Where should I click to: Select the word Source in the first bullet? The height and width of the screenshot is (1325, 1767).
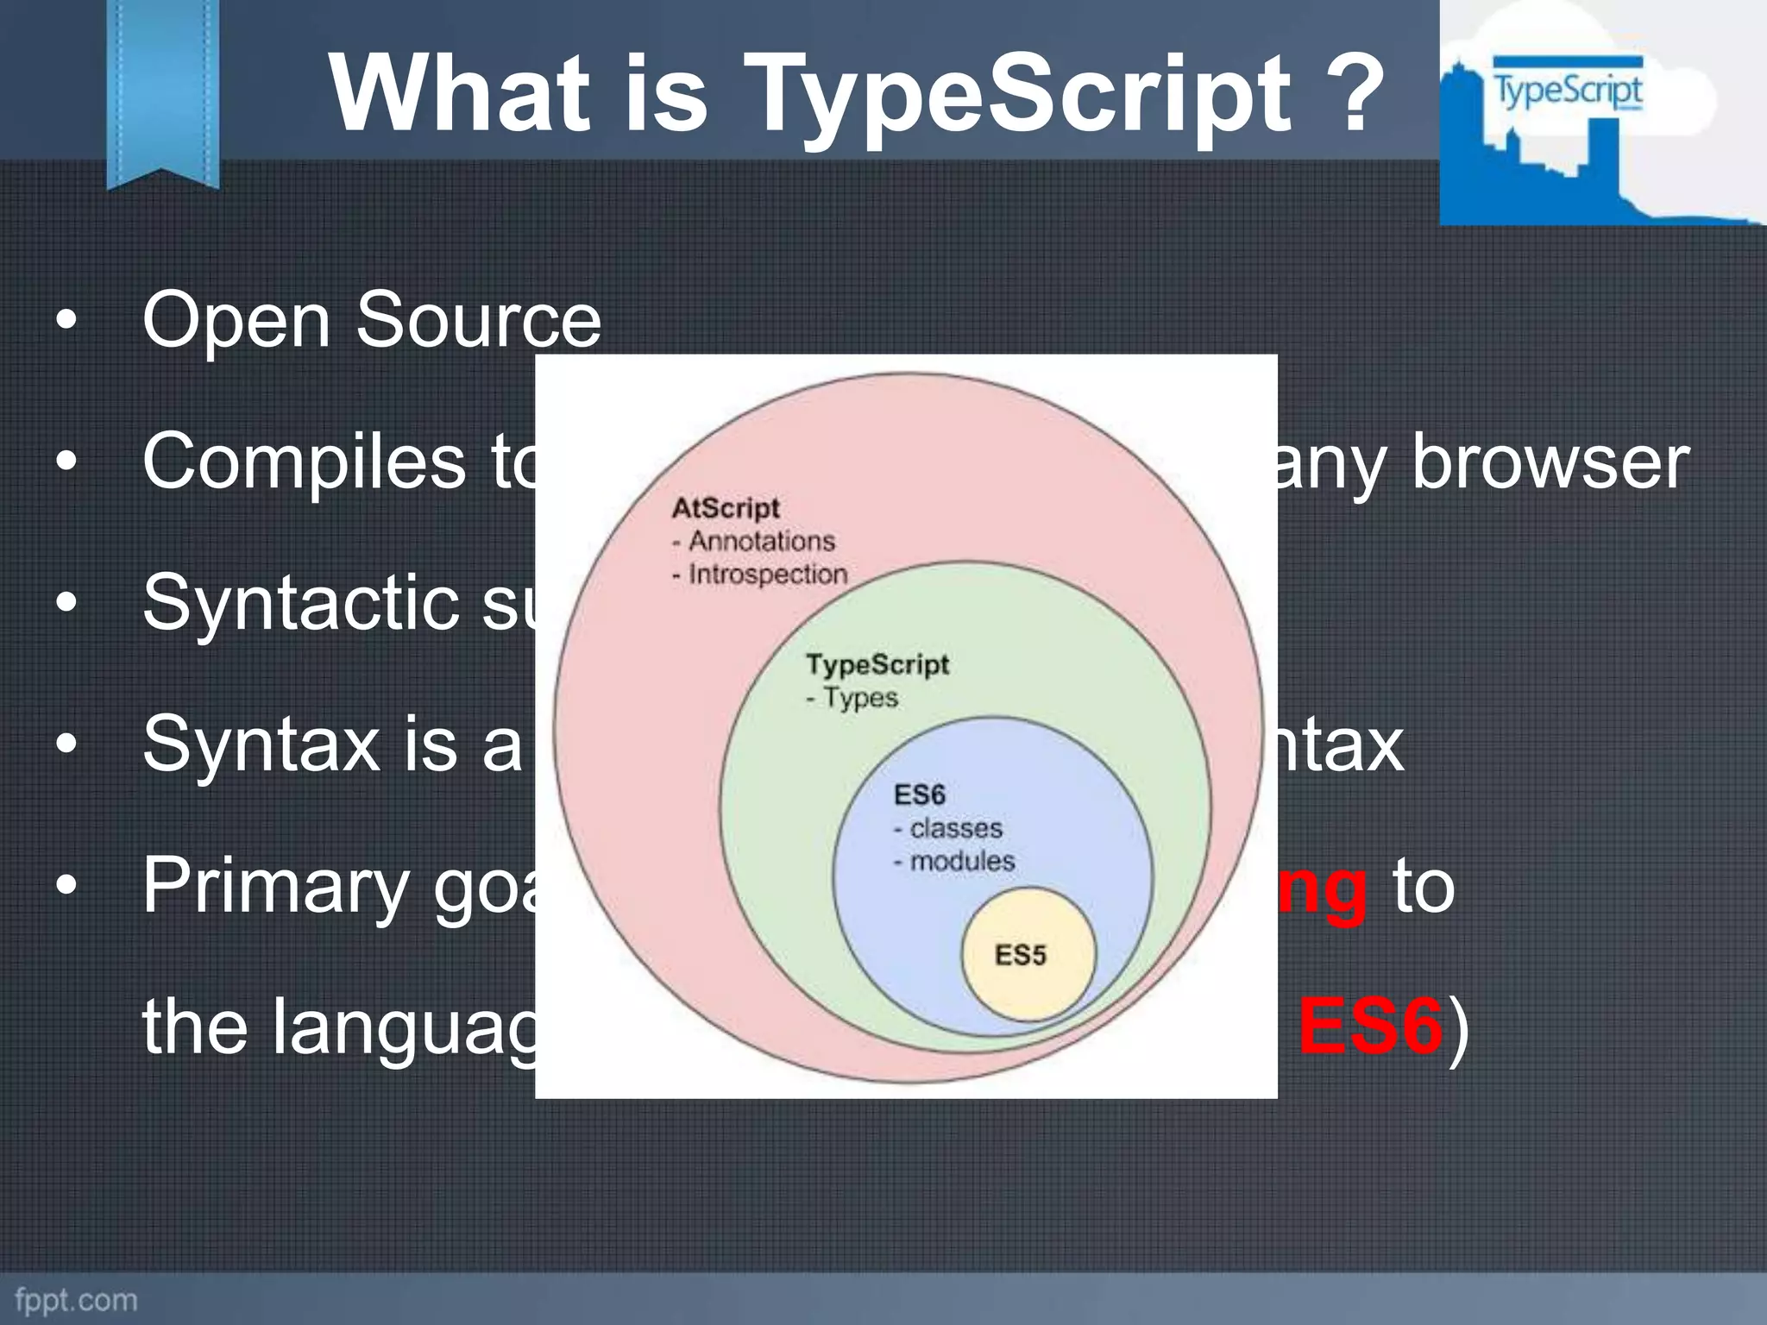[478, 321]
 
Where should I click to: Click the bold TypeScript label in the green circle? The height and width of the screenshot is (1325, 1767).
[877, 664]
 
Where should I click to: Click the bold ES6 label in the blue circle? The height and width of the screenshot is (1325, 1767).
[919, 794]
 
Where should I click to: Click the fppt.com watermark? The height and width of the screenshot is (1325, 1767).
[76, 1300]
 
